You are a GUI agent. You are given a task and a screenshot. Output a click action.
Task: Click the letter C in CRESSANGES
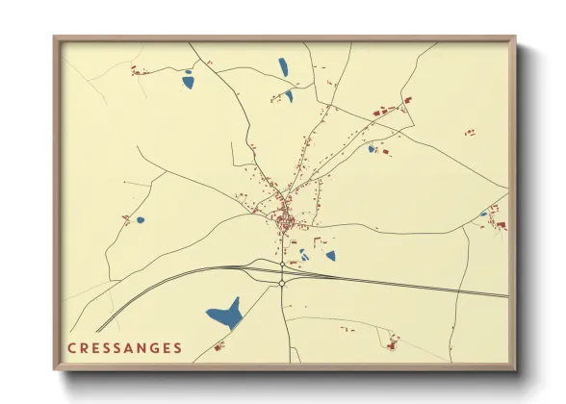[70, 347]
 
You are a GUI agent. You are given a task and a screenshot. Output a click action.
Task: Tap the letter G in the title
[156, 347]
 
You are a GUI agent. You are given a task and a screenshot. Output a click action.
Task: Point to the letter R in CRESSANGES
[83, 347]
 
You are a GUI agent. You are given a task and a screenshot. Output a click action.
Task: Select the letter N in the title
[142, 347]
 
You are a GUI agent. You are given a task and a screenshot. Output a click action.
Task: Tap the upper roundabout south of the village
[281, 263]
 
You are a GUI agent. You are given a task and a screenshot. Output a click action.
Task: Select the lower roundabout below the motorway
[281, 283]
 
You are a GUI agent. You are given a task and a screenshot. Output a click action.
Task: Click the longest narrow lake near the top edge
[283, 67]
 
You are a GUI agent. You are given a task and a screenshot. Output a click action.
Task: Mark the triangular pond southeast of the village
[330, 256]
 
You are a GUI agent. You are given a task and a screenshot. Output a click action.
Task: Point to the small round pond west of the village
[141, 220]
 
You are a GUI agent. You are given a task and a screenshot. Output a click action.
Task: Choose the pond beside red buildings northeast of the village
[372, 149]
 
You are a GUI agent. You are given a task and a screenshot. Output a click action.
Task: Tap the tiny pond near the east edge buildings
[484, 214]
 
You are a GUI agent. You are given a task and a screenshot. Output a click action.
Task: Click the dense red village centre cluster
[284, 223]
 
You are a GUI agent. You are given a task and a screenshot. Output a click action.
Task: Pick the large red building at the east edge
[501, 225]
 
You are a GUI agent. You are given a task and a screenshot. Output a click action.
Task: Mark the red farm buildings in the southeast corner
[391, 341]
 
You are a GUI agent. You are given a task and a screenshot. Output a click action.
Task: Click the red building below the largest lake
[219, 346]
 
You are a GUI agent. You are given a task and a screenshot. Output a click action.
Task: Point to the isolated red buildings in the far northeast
[470, 132]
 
